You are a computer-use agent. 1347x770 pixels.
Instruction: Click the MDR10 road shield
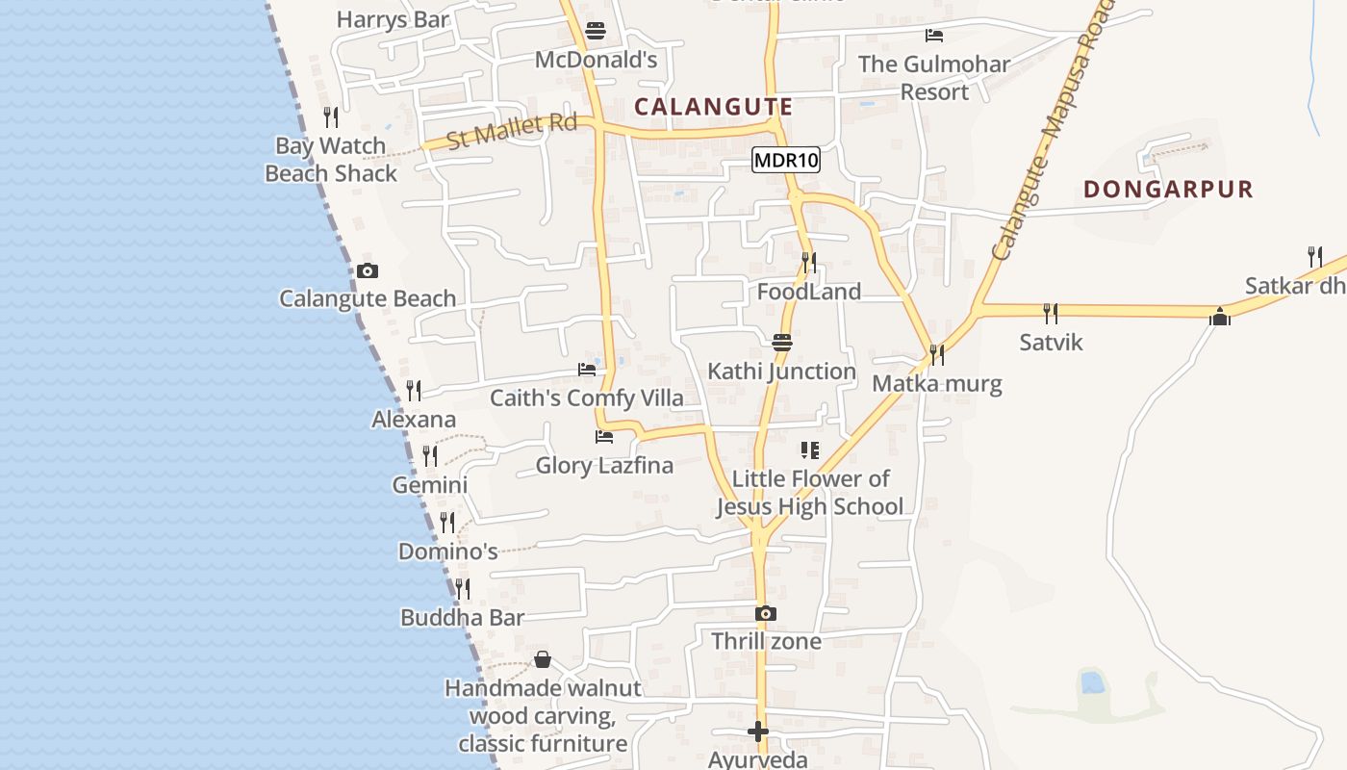point(786,161)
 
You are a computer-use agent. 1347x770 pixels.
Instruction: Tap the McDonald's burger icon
point(596,31)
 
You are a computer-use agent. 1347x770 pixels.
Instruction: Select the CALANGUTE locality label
point(714,107)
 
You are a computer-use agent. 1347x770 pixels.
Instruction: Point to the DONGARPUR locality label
point(1168,189)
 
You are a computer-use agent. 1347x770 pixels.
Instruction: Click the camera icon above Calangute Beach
point(368,270)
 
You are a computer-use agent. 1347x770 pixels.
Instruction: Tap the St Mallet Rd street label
point(512,131)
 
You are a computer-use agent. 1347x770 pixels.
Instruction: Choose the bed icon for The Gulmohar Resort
point(933,36)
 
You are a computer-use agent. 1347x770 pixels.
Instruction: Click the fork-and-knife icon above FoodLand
point(809,262)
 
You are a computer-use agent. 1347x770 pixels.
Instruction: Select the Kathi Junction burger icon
point(781,342)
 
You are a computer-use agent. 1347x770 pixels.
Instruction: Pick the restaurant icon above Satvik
point(1051,313)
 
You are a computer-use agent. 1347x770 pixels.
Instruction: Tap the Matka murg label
point(936,384)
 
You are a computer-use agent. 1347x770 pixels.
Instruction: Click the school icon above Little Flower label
point(809,449)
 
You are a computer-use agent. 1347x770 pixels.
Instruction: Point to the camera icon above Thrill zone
point(766,613)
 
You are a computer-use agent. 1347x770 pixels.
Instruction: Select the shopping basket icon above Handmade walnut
point(543,659)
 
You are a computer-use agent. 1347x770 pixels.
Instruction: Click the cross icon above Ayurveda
point(758,731)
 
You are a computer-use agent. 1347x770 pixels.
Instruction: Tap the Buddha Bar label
point(462,618)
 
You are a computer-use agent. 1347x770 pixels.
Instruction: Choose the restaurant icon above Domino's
point(447,523)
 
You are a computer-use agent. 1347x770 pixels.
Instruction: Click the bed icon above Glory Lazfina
point(604,437)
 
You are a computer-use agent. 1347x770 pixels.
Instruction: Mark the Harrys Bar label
point(393,19)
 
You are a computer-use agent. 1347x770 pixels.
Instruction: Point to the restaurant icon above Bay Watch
point(331,117)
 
